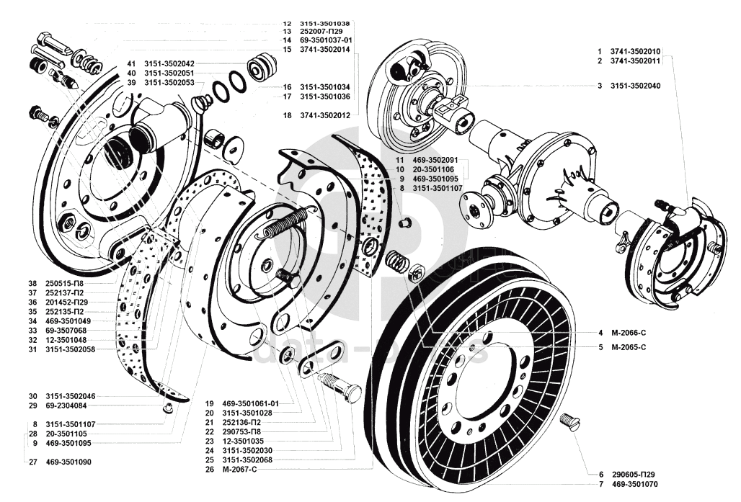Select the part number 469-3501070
[x=635, y=484]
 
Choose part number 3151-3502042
[x=169, y=63]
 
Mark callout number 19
[x=209, y=403]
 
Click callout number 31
[x=32, y=349]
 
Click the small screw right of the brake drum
[x=570, y=420]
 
